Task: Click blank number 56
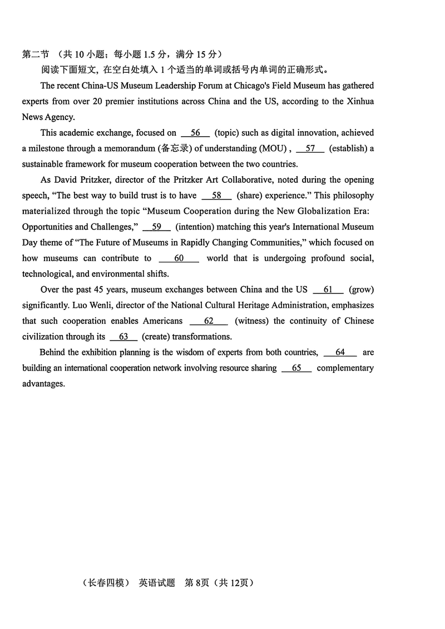195,133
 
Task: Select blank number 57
310,148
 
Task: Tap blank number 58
217,196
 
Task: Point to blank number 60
179,258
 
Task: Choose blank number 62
209,321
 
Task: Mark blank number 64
340,352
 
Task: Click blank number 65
296,368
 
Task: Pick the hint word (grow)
361,289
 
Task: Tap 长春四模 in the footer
106,583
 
